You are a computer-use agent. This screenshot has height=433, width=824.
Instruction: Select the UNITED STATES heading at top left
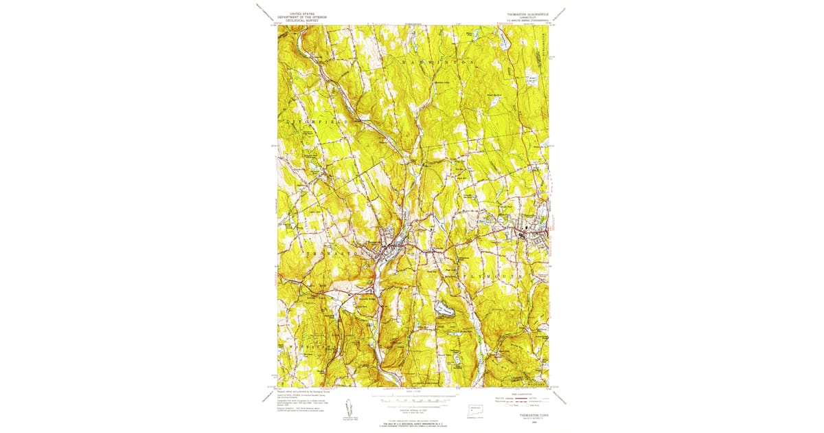pyautogui.click(x=303, y=13)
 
